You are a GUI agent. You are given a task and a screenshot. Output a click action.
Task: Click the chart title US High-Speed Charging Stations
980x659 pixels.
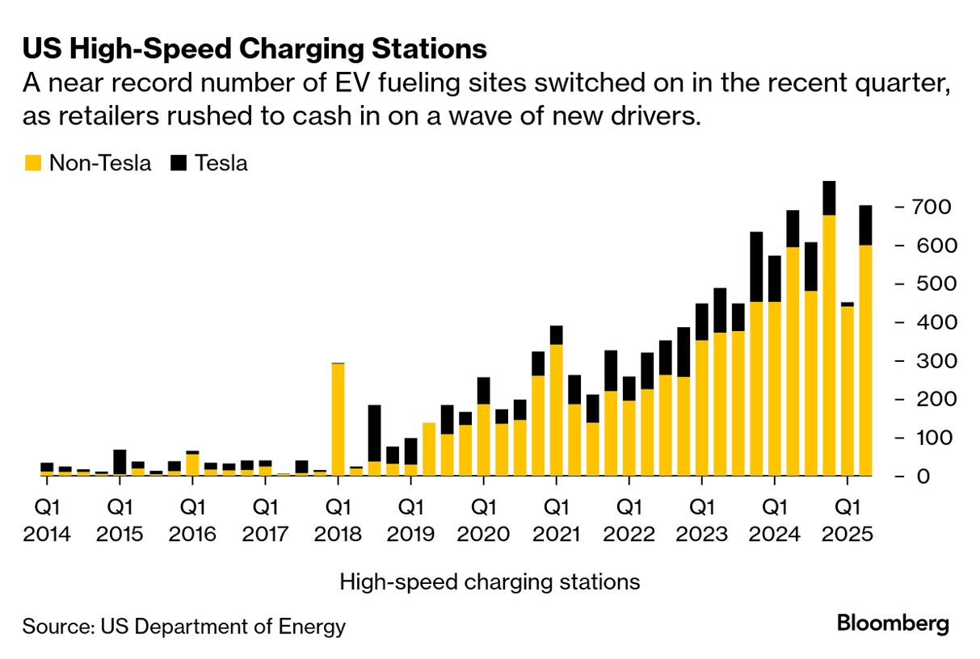pos(254,48)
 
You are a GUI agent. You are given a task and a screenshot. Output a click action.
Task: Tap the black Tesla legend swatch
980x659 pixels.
pos(179,163)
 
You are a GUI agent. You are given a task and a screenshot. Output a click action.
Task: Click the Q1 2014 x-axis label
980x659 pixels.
pos(46,520)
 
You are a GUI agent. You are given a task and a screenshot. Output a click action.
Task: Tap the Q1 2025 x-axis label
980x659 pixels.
pos(846,520)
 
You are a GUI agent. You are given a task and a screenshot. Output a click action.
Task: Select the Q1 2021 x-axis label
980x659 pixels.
pos(556,520)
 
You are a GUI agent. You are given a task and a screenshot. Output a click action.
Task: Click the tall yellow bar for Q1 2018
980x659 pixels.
pos(338,420)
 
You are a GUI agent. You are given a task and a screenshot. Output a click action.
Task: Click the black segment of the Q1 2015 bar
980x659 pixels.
pos(120,461)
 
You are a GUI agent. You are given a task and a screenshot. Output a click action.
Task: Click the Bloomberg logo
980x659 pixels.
pos(893,623)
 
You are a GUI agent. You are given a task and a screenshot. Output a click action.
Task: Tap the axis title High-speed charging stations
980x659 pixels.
pos(490,581)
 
